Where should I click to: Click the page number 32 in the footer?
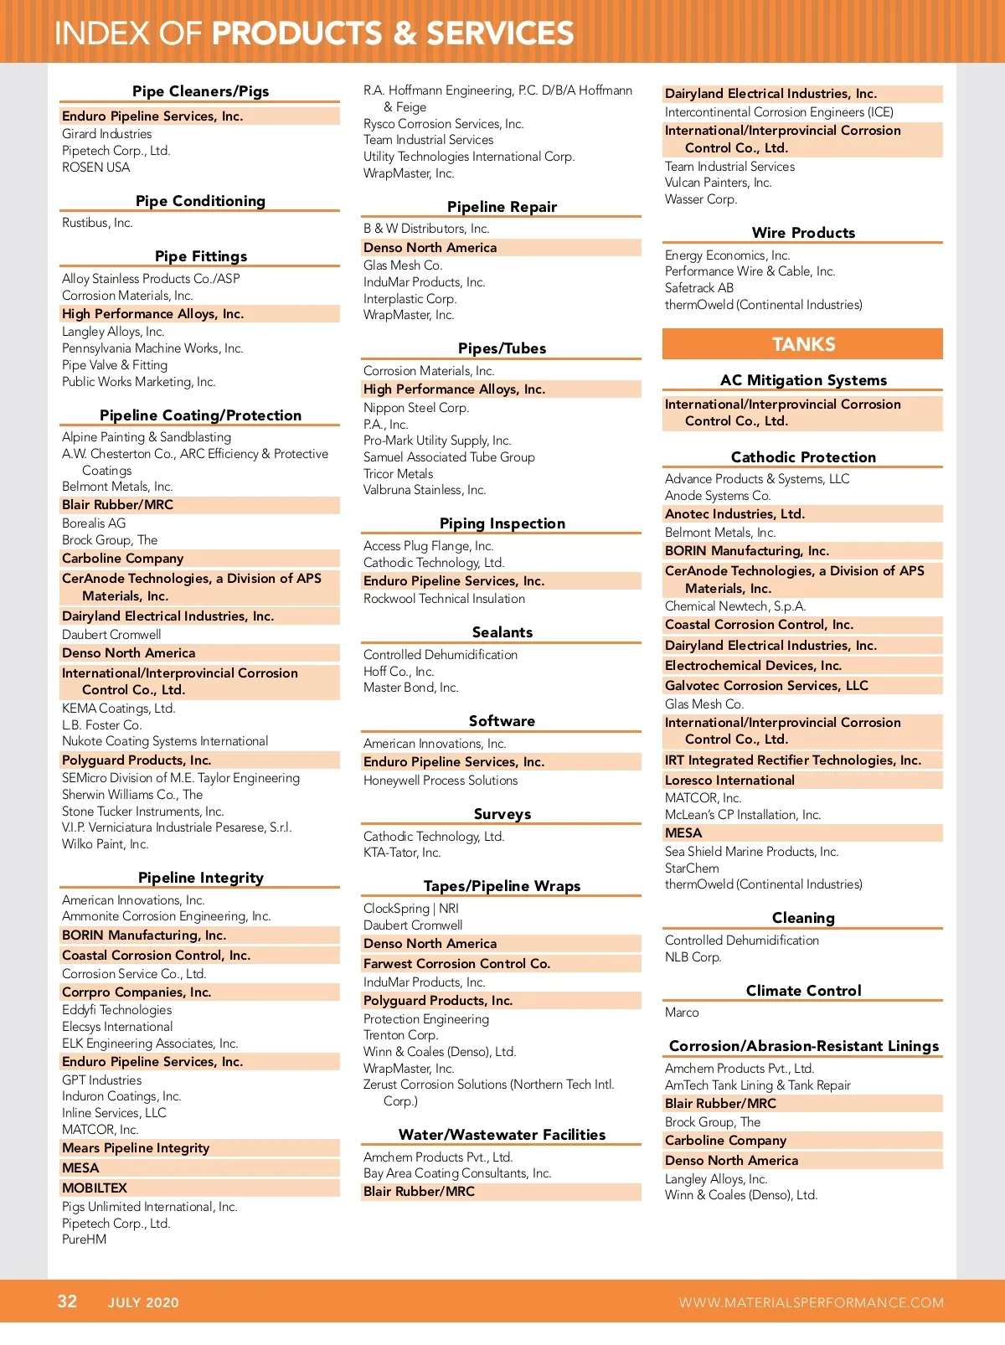(x=67, y=1301)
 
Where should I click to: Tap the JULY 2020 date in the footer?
(x=143, y=1302)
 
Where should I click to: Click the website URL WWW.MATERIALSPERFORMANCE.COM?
(x=811, y=1302)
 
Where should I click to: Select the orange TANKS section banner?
(x=802, y=344)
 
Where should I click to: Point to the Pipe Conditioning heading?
(x=200, y=201)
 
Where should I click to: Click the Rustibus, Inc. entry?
(x=97, y=223)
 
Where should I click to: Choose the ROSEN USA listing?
(x=95, y=167)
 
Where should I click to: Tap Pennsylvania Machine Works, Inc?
(x=152, y=348)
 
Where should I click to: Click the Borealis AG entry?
(x=94, y=523)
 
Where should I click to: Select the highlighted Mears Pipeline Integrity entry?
(x=136, y=1148)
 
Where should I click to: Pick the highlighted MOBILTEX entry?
(x=95, y=1188)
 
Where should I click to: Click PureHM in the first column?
(x=84, y=1239)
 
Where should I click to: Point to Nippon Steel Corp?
(x=416, y=408)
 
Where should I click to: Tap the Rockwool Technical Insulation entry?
(x=444, y=599)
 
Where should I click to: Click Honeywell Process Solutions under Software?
(x=441, y=781)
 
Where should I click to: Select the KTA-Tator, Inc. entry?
(x=402, y=853)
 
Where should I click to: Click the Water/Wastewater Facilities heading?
(x=502, y=1135)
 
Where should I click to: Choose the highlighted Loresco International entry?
(x=729, y=780)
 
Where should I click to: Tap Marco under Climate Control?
(x=682, y=1013)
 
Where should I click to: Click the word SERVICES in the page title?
(x=500, y=33)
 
